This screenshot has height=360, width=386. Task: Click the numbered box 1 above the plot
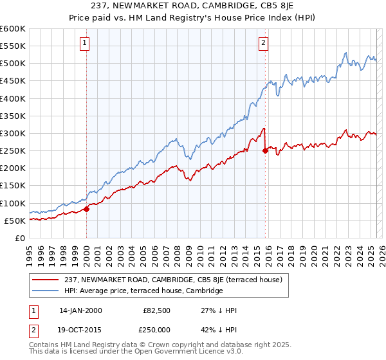point(86,43)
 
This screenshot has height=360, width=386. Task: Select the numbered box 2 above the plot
point(264,43)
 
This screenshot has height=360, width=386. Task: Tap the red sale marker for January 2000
point(86,209)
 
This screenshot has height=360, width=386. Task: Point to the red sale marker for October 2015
point(265,151)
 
